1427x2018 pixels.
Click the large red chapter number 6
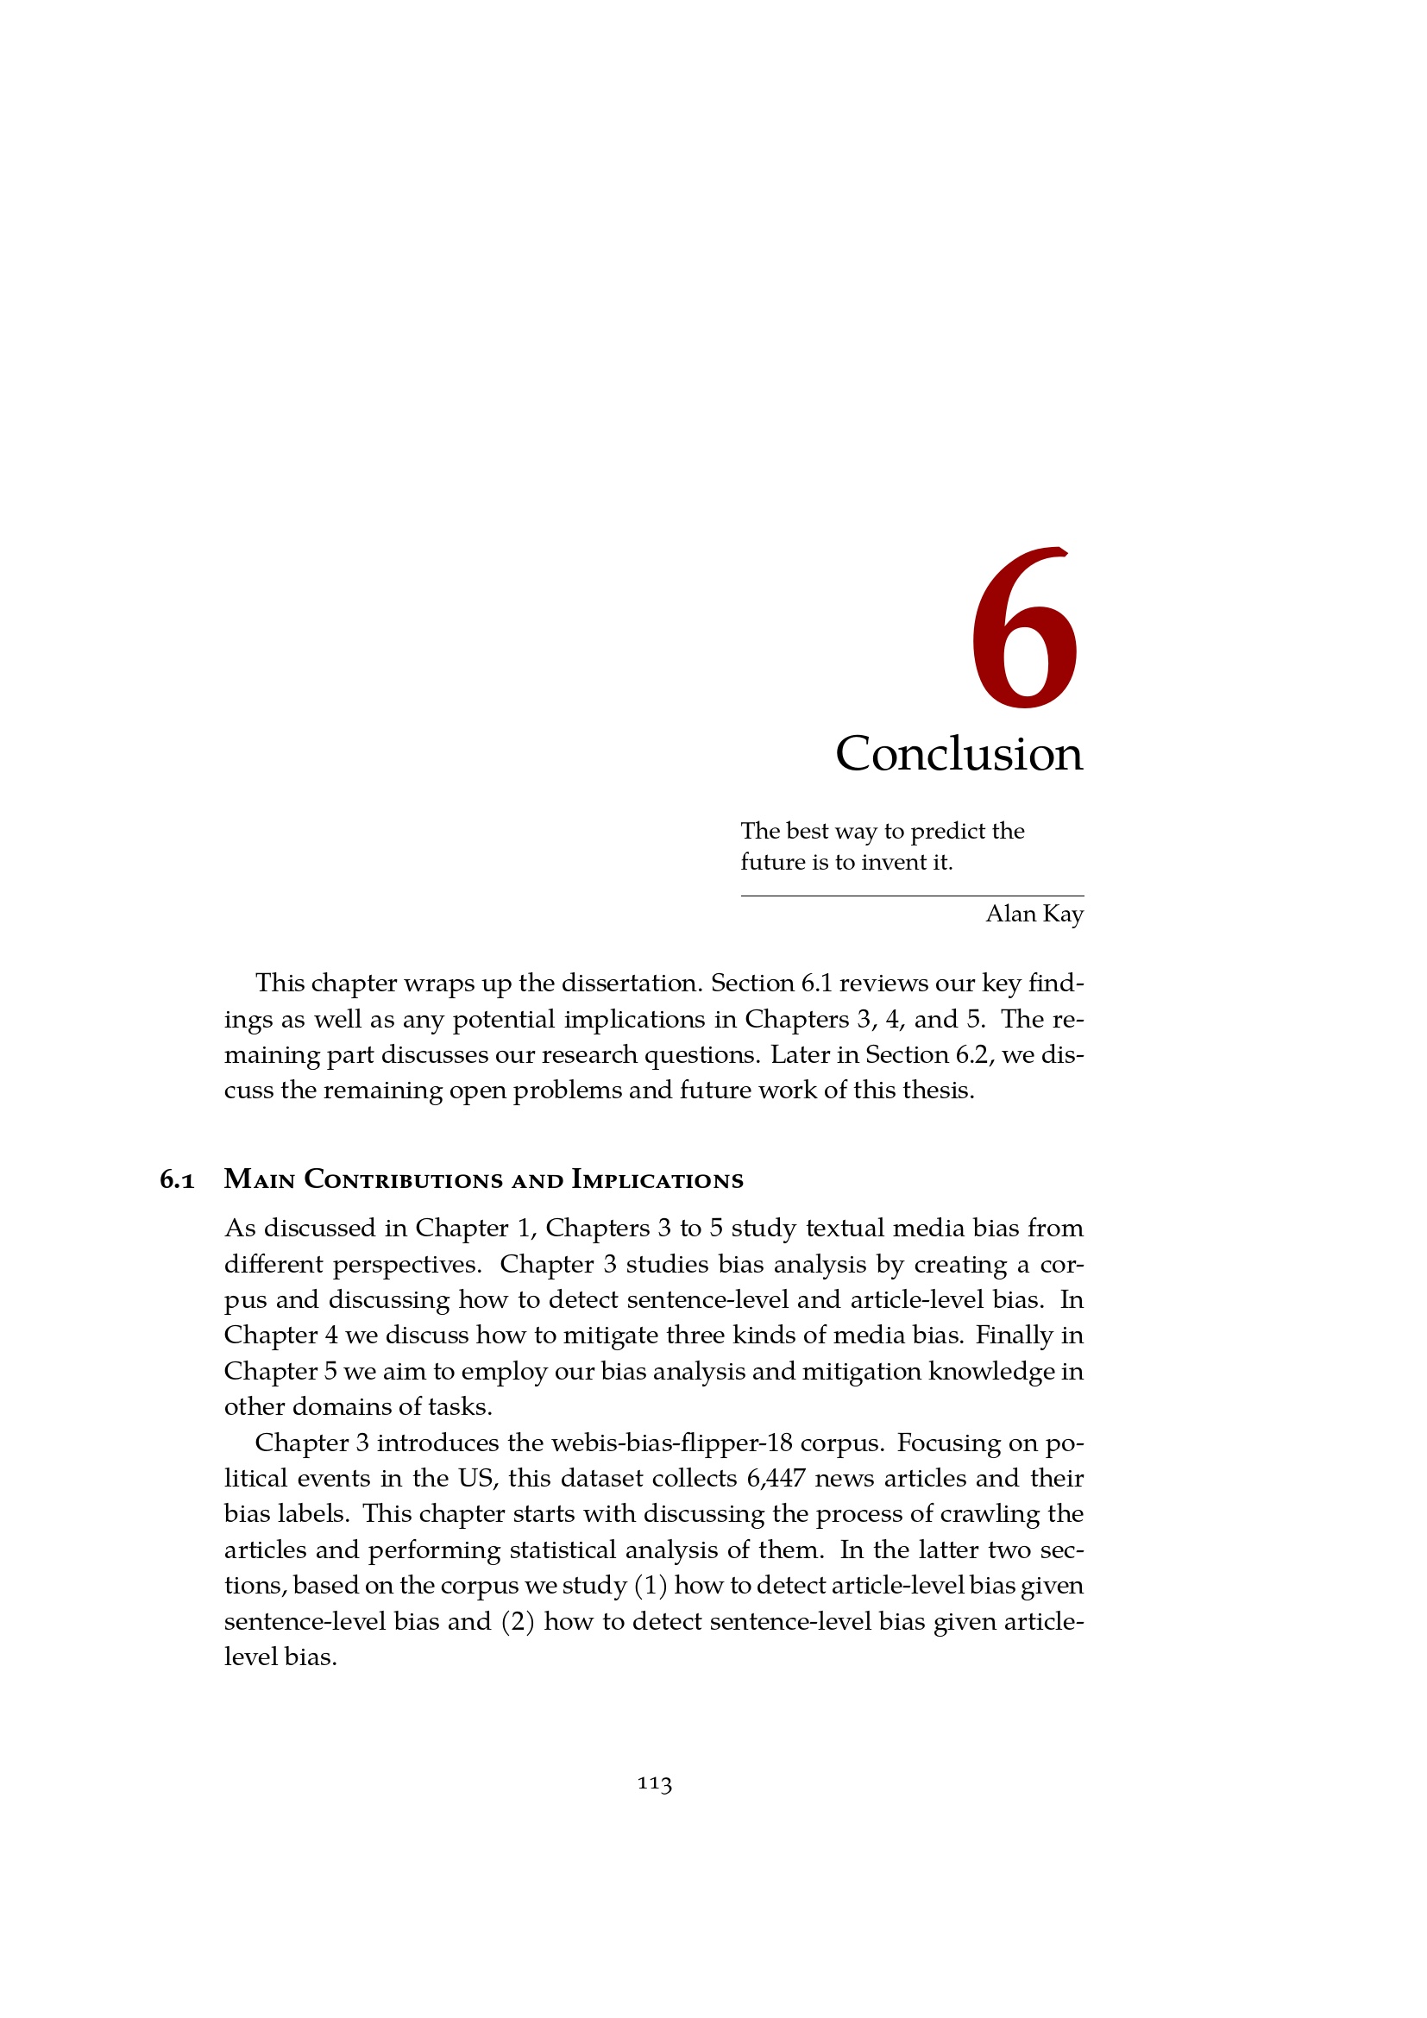[x=1024, y=628]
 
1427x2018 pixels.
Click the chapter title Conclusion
[x=959, y=754]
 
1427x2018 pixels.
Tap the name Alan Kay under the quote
[x=1034, y=914]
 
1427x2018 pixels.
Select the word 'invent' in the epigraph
[x=893, y=862]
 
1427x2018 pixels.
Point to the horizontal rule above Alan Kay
[x=912, y=896]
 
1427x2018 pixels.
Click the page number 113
[x=655, y=1783]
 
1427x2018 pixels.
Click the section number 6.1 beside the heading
[x=178, y=1180]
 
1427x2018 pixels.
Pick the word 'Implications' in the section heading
[x=657, y=1179]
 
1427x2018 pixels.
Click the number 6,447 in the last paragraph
[x=776, y=1479]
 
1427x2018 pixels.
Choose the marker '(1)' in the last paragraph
[x=650, y=1586]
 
